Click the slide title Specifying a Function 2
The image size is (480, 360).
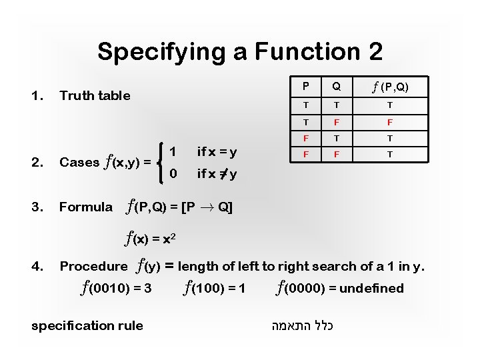pos(239,51)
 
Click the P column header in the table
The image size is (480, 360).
pos(305,87)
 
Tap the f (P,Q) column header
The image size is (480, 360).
pos(390,87)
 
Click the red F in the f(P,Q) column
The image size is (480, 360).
pos(390,123)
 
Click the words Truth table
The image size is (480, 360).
pos(95,95)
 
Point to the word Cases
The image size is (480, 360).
pos(79,162)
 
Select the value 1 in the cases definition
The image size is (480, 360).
pos(173,151)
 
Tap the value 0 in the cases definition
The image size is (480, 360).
pos(173,175)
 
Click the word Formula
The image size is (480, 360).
pos(86,207)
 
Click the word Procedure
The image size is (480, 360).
pos(93,267)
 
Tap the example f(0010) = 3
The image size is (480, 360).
pos(115,289)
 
